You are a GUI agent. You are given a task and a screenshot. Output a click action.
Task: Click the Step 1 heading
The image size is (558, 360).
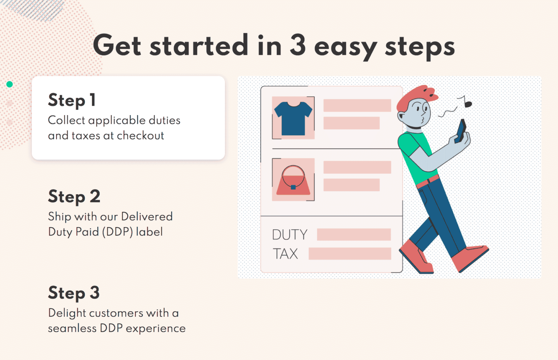[x=72, y=100]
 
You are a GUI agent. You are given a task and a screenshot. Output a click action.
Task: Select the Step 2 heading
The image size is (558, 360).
[x=74, y=197]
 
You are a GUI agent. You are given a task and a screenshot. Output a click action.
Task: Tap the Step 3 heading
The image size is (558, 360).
[x=74, y=293]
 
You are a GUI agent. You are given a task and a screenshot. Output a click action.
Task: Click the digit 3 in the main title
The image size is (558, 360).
[x=298, y=45]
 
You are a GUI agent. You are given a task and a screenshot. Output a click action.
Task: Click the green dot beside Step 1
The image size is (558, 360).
[x=9, y=84]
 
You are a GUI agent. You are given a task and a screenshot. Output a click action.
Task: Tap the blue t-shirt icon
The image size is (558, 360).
[x=293, y=118]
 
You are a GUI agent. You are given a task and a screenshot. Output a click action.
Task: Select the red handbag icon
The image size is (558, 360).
[x=293, y=180]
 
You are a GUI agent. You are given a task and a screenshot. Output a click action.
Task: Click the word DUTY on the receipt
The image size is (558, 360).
[x=290, y=235]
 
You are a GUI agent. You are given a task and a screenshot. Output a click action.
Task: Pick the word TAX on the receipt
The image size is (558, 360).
[x=286, y=254]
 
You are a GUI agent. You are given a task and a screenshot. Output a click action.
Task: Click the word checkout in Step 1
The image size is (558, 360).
[x=141, y=135]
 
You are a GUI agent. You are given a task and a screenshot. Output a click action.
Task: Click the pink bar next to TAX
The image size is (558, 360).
[x=350, y=254]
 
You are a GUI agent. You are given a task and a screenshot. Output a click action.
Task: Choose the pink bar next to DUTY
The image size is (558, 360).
[x=354, y=234]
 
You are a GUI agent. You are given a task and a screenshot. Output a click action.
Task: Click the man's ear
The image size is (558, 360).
[x=402, y=117]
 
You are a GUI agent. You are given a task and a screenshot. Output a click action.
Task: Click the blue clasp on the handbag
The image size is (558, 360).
[x=293, y=187]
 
